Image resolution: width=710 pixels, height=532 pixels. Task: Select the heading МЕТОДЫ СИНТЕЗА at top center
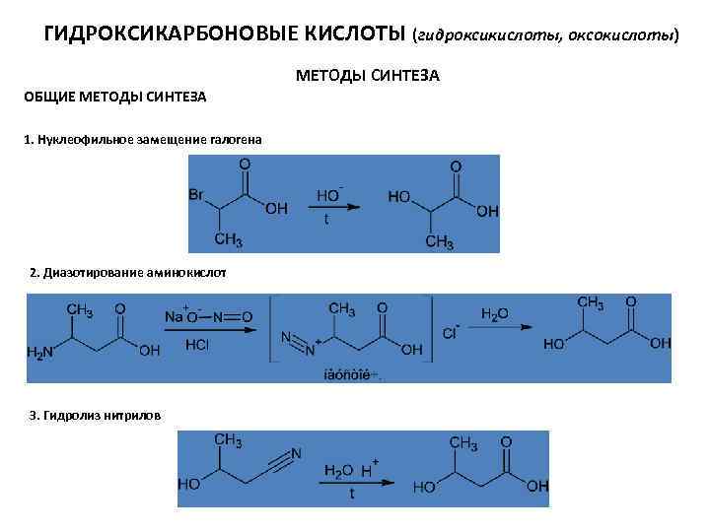pyautogui.click(x=367, y=76)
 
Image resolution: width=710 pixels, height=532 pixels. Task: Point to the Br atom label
pyautogui.click(x=197, y=195)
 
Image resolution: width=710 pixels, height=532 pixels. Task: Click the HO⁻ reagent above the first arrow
pyautogui.click(x=329, y=195)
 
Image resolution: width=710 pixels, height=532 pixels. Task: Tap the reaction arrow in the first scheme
pyautogui.click(x=335, y=208)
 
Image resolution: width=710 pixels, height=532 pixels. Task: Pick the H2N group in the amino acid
pyautogui.click(x=42, y=351)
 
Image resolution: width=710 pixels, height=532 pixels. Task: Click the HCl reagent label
pyautogui.click(x=198, y=345)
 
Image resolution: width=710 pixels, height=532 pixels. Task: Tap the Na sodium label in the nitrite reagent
pyautogui.click(x=175, y=317)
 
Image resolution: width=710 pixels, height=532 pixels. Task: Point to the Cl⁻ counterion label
pyautogui.click(x=451, y=333)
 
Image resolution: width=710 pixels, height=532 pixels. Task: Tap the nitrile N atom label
pyautogui.click(x=297, y=453)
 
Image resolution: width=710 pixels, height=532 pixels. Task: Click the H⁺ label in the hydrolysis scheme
pyautogui.click(x=367, y=470)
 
